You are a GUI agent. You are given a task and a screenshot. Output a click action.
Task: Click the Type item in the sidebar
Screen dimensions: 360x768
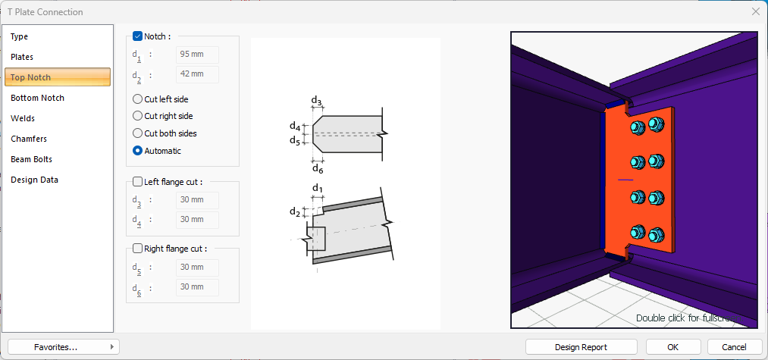click(x=20, y=36)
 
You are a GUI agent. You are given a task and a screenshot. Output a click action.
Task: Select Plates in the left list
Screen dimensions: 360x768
click(x=22, y=57)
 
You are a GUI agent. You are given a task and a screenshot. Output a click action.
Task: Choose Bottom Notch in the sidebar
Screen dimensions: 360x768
click(x=37, y=98)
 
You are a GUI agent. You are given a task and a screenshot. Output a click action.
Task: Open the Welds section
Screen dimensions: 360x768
click(x=23, y=118)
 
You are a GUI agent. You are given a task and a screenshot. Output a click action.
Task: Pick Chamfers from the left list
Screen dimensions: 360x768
click(x=29, y=139)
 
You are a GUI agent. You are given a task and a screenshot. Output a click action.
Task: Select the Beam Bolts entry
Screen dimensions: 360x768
click(x=31, y=159)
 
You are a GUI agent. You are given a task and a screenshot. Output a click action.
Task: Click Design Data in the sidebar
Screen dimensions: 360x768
click(x=34, y=180)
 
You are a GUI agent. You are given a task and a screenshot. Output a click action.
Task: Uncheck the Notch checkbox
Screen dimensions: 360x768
click(x=137, y=36)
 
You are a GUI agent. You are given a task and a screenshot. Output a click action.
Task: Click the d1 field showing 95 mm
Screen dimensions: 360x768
click(x=197, y=55)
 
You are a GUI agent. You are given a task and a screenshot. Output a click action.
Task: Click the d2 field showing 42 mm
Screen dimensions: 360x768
click(x=197, y=74)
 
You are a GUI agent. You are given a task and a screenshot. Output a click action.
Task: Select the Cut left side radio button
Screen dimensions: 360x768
click(x=137, y=99)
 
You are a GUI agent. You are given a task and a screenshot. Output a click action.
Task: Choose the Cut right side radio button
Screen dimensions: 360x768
click(x=137, y=116)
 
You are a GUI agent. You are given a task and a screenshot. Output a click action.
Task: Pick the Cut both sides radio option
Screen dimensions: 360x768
click(x=137, y=133)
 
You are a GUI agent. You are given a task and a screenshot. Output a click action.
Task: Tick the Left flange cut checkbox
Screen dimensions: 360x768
click(x=137, y=182)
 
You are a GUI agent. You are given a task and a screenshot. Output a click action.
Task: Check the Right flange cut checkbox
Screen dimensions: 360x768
click(x=137, y=248)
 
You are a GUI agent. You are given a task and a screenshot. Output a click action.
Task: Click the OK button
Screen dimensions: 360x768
click(x=672, y=347)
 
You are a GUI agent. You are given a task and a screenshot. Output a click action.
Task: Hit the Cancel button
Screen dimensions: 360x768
click(x=734, y=347)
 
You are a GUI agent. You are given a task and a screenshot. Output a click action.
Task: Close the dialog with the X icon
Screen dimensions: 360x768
click(x=755, y=11)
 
